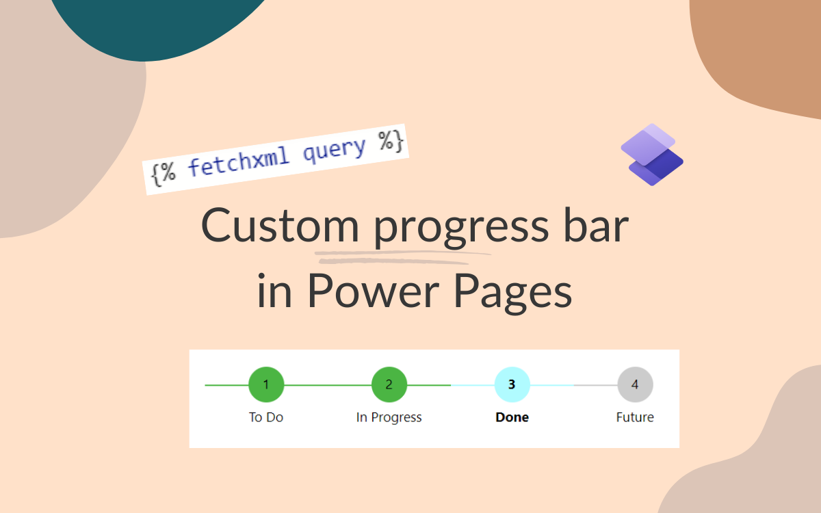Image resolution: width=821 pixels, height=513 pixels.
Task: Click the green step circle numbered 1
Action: tap(266, 384)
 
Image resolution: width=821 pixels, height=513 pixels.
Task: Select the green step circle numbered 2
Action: tap(389, 384)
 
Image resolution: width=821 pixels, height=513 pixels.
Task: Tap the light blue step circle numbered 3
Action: tap(512, 384)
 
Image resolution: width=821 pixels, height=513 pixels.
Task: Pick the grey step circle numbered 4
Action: tap(635, 384)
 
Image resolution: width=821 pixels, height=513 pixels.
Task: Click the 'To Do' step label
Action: tap(266, 417)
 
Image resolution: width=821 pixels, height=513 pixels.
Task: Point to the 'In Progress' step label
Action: tap(389, 417)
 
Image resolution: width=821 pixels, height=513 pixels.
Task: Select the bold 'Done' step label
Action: tap(512, 417)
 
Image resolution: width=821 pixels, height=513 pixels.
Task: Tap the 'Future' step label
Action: tap(635, 417)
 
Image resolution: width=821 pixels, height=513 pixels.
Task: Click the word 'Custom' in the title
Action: tap(280, 226)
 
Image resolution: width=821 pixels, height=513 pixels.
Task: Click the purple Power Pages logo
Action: tap(652, 155)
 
